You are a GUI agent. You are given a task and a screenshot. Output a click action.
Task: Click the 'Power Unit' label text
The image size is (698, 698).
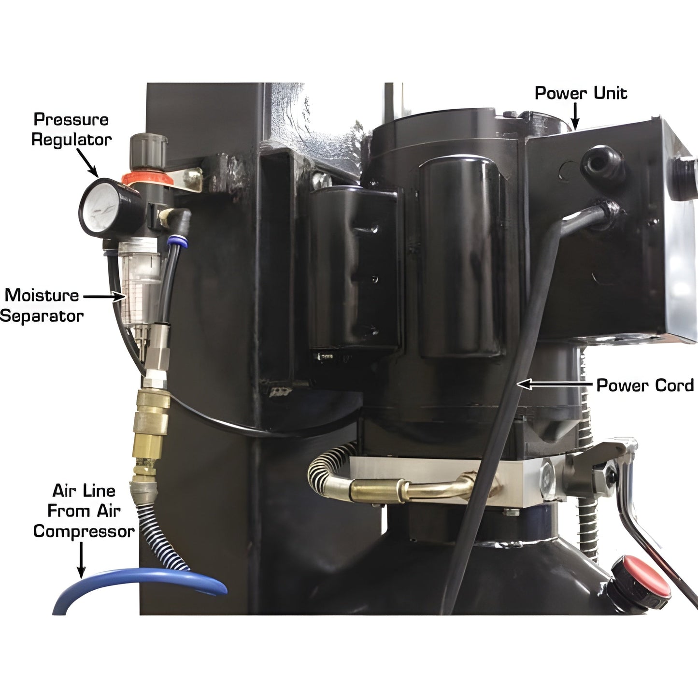click(x=581, y=93)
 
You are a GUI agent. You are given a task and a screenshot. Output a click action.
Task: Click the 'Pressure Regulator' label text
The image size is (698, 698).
click(x=71, y=129)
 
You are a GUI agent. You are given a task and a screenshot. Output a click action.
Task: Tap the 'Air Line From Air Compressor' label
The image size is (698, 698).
click(x=84, y=511)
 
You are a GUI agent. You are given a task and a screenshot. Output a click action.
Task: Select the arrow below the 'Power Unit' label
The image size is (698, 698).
click(x=575, y=116)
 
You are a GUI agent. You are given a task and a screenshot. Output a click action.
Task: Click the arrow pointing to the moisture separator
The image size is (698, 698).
click(x=104, y=297)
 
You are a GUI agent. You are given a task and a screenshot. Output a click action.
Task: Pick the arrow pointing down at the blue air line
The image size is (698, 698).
click(x=81, y=560)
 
